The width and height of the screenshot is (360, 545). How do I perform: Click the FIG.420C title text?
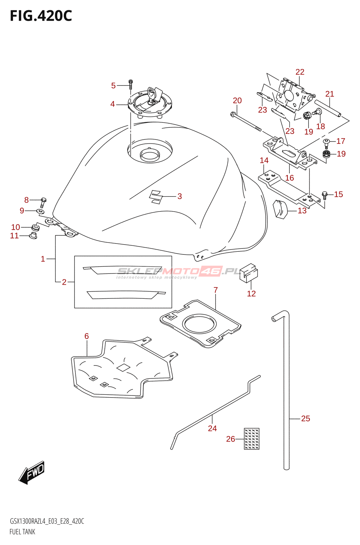(x=41, y=16)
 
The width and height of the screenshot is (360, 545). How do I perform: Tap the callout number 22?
(x=300, y=72)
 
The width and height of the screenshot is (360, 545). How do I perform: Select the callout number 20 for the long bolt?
(x=237, y=100)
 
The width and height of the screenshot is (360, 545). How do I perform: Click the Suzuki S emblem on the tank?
(x=156, y=197)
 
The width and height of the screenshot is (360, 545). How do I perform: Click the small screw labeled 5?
(x=131, y=85)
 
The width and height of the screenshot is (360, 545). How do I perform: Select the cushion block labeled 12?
(x=249, y=273)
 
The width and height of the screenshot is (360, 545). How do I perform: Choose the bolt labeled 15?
(x=324, y=196)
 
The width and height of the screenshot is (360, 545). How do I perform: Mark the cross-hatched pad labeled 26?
(x=252, y=438)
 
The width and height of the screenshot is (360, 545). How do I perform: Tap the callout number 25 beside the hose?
(x=306, y=418)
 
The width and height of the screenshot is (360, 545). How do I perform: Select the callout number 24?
(x=212, y=428)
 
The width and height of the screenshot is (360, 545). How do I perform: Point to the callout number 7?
(x=215, y=290)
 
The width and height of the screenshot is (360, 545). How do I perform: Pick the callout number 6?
(x=87, y=336)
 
